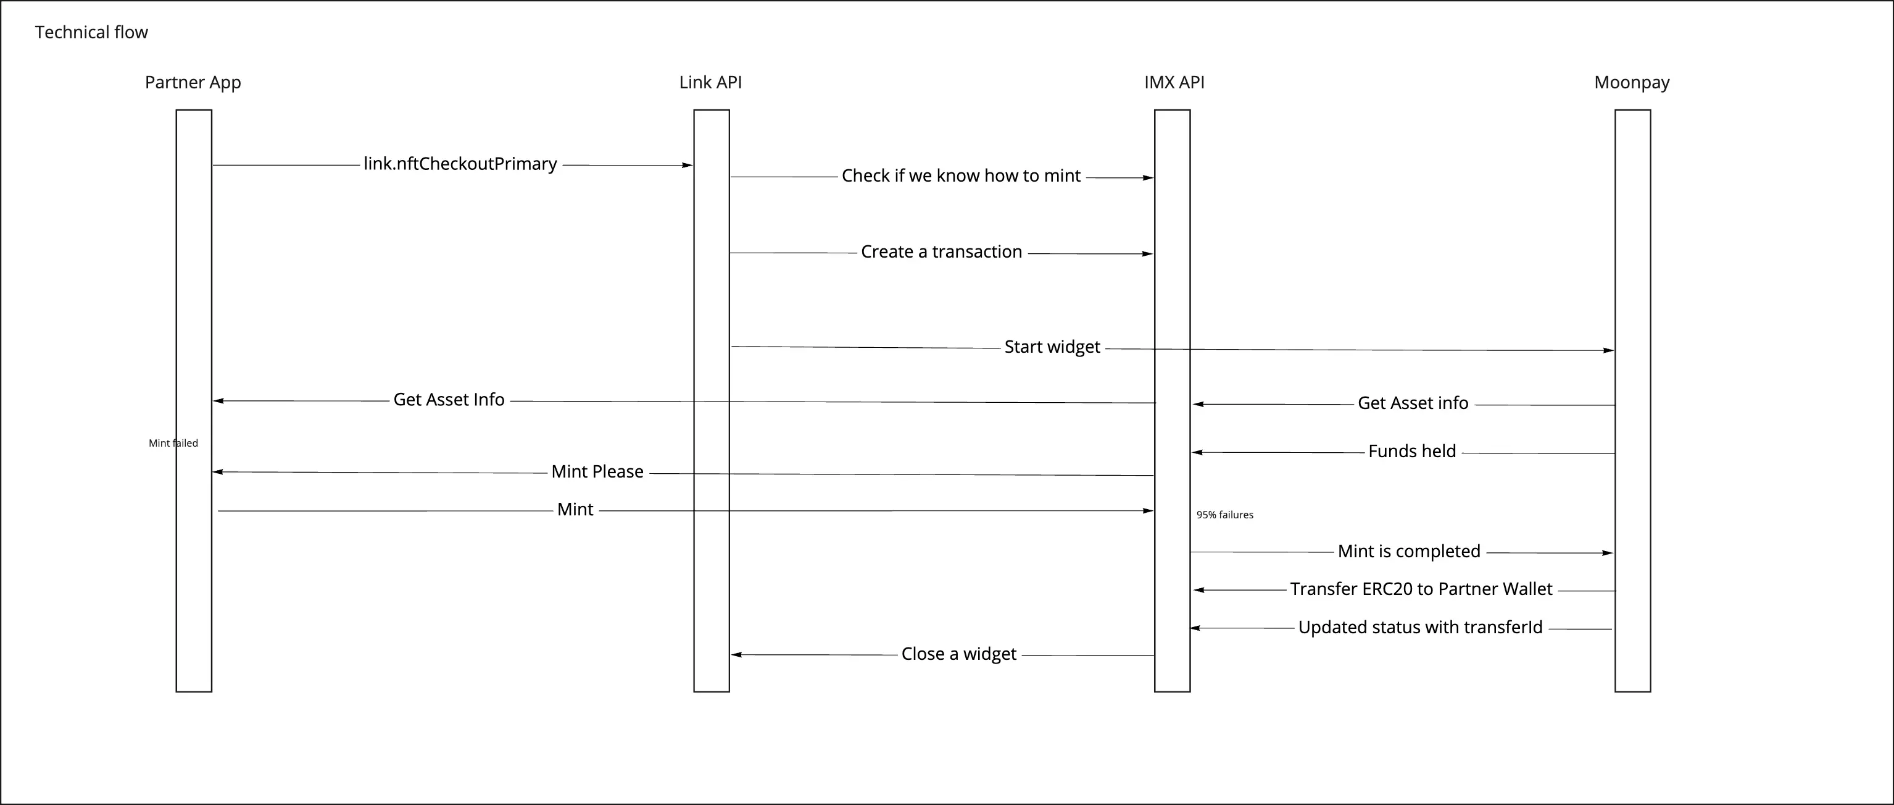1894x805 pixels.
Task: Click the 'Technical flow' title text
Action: pos(91,32)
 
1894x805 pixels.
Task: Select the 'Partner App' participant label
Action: pos(193,82)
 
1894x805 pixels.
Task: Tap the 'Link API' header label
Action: pos(710,82)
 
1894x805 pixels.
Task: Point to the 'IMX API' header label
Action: pos(1174,82)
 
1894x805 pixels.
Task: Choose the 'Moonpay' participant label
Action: pos(1632,82)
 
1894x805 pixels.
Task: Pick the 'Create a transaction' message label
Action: pos(941,251)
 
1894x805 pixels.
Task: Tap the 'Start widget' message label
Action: pos(1052,347)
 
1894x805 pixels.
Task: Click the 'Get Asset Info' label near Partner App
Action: pos(449,400)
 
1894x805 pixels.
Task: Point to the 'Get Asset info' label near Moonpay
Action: pos(1413,403)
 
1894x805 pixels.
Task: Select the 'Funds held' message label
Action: pos(1411,451)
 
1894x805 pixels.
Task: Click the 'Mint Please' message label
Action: pos(597,471)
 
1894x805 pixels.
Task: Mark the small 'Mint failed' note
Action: pos(173,443)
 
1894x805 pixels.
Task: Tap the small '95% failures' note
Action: pos(1224,515)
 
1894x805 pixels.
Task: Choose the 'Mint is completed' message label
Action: pos(1409,551)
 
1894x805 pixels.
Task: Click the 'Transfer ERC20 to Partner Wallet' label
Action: pos(1421,589)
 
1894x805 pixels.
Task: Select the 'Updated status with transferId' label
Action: pos(1421,628)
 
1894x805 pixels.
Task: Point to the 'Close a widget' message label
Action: pos(959,654)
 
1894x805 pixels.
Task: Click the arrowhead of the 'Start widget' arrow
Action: pos(1609,350)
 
